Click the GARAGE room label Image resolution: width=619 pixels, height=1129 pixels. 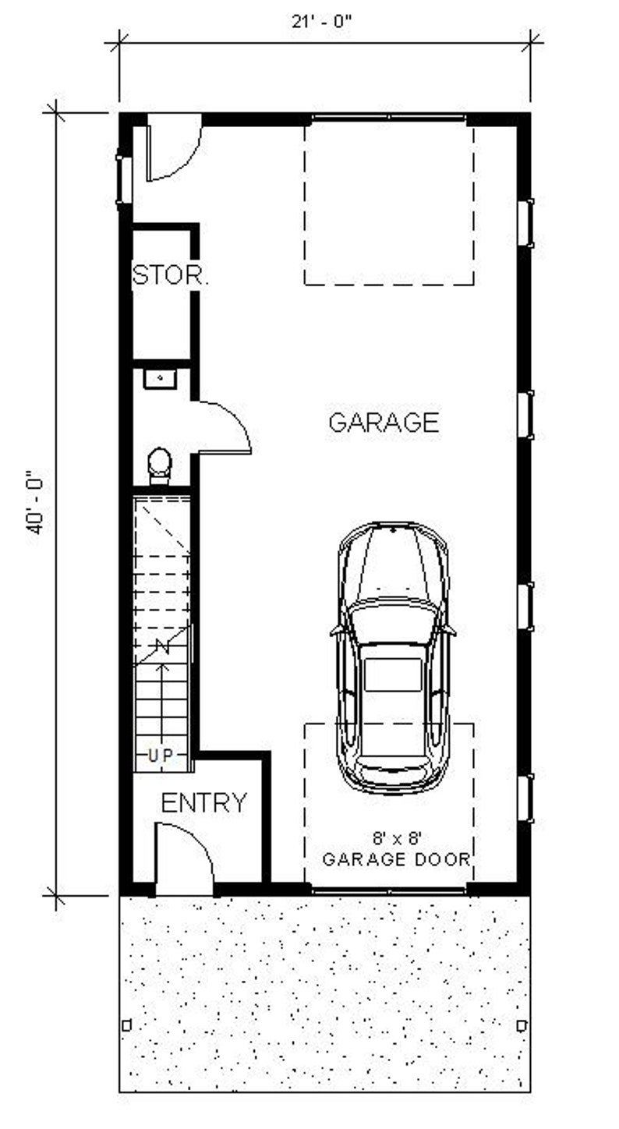pyautogui.click(x=384, y=422)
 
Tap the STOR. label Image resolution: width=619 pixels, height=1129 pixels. pyautogui.click(x=170, y=275)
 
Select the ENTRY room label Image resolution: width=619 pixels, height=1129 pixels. pyautogui.click(x=203, y=802)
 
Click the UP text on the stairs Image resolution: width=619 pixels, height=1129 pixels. pyautogui.click(x=163, y=755)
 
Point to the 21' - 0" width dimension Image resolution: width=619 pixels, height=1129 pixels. pyautogui.click(x=323, y=22)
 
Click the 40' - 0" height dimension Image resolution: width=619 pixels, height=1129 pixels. pyautogui.click(x=36, y=502)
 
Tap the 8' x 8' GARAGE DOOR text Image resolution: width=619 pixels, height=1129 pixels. pyautogui.click(x=396, y=850)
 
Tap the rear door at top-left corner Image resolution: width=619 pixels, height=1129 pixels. pyautogui.click(x=173, y=148)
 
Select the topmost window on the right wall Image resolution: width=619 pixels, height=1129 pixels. pyautogui.click(x=527, y=224)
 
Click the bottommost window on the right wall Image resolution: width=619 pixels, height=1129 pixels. pyautogui.click(x=527, y=798)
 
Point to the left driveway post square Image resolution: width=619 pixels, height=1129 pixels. pyautogui.click(x=127, y=1025)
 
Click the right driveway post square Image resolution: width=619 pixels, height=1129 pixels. pyautogui.click(x=522, y=1025)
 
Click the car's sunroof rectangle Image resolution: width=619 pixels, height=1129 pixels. pyautogui.click(x=393, y=674)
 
